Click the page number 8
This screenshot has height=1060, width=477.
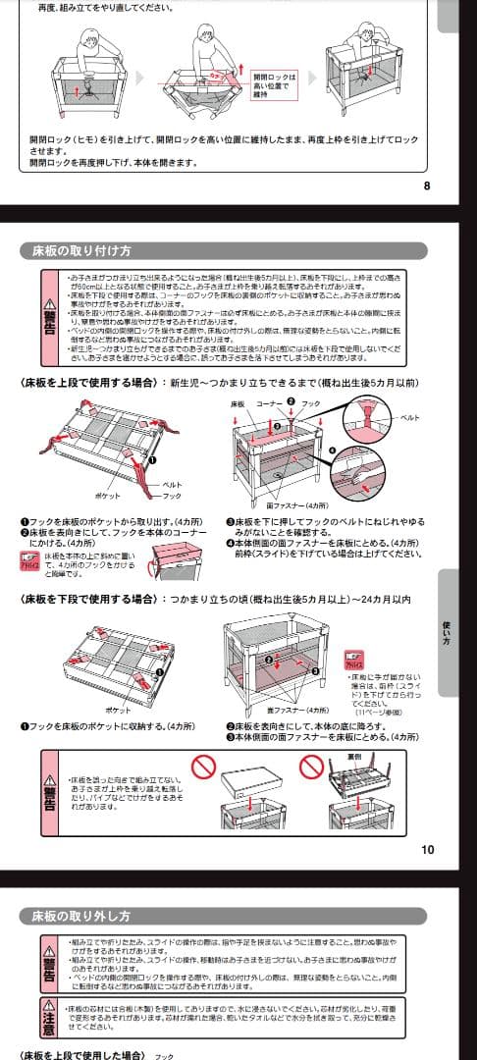(426, 185)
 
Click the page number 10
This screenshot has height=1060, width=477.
(426, 850)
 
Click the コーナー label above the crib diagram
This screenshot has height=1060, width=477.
(269, 403)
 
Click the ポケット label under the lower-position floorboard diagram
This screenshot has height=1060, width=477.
(117, 710)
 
